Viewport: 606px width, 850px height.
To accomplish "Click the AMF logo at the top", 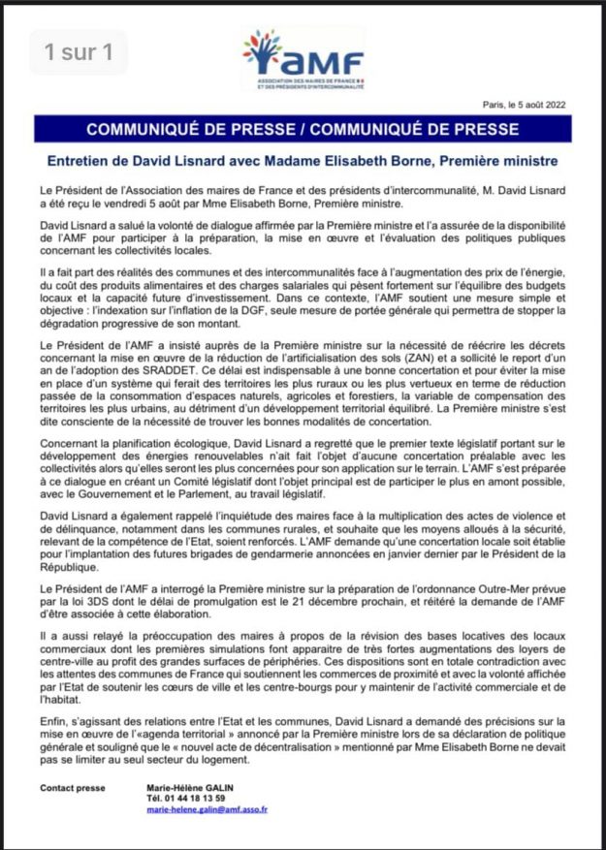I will [x=303, y=61].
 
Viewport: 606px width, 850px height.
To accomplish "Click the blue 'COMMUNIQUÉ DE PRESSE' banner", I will [x=303, y=129].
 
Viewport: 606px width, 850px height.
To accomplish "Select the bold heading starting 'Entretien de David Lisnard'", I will [x=303, y=160].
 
